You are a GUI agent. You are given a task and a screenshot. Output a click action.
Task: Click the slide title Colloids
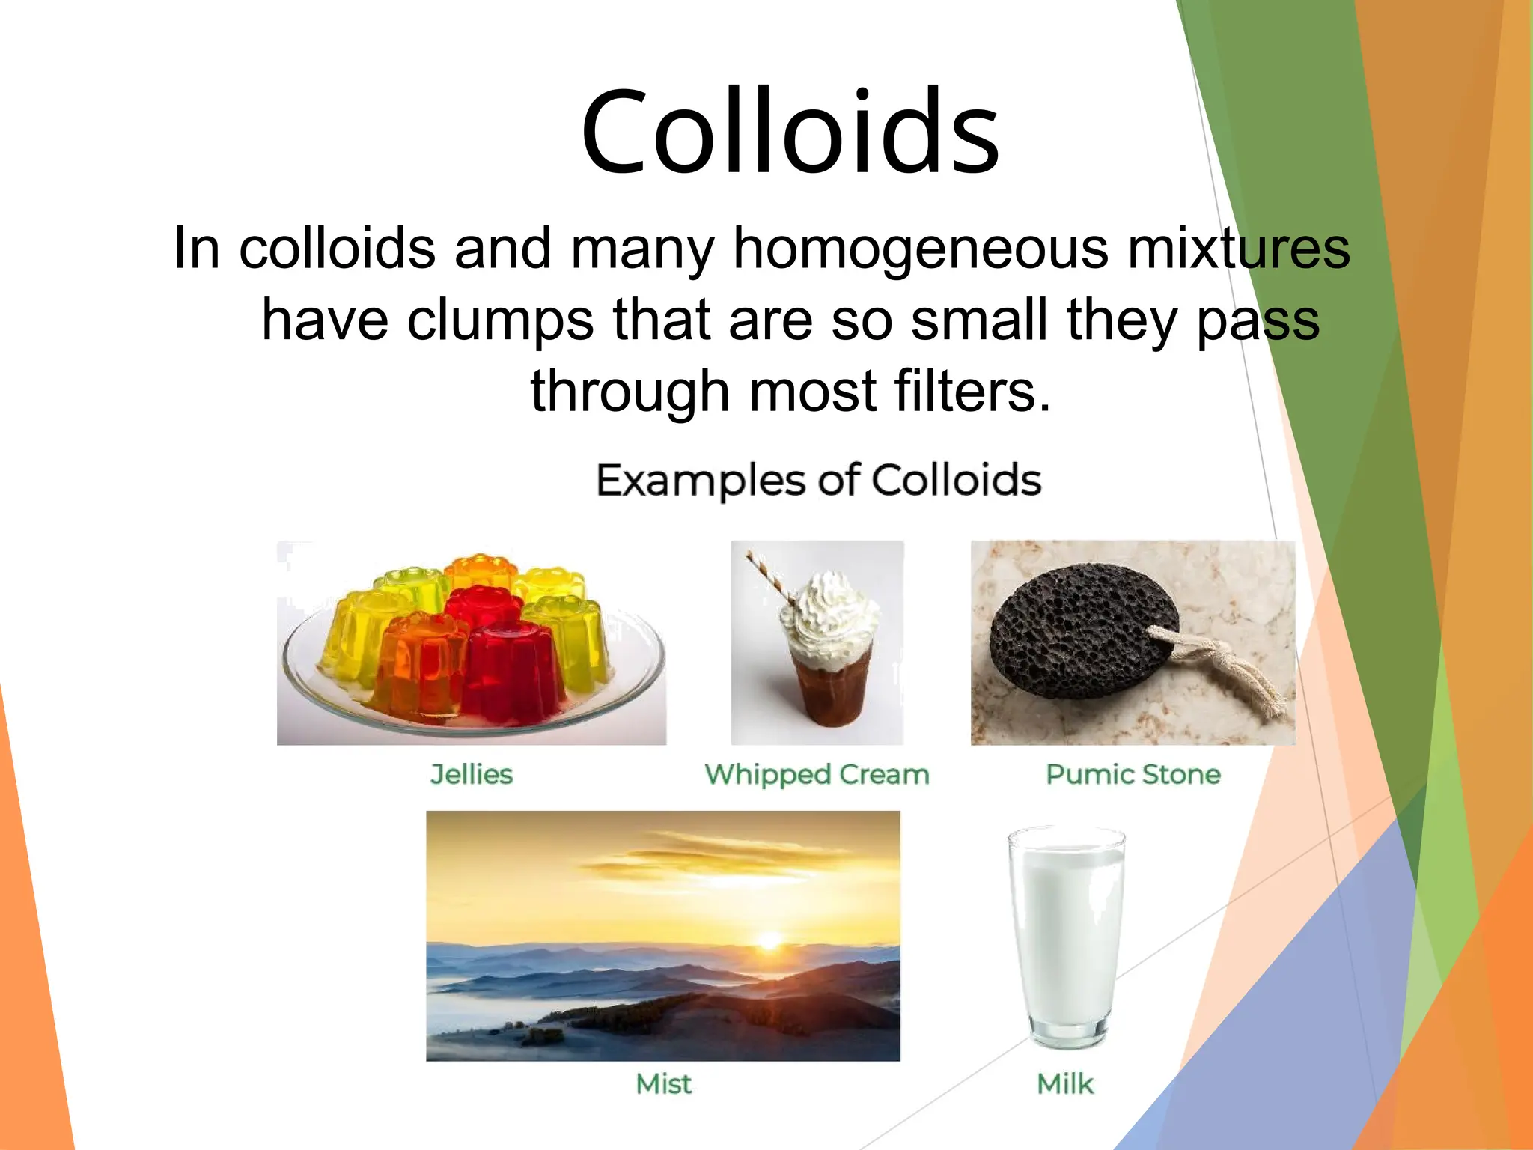coord(790,133)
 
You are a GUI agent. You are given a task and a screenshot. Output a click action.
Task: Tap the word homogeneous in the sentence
coord(920,249)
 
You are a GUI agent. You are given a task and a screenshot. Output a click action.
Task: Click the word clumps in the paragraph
coord(501,320)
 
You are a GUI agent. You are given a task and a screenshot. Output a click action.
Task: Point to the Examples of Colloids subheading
coord(818,480)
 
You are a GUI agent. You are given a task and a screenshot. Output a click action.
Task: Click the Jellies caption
coord(472,774)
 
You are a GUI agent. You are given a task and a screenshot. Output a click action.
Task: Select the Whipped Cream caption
coord(817,774)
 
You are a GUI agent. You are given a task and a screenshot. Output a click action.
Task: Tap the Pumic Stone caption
coord(1133,774)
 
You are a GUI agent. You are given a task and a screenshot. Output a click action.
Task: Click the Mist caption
coord(663,1083)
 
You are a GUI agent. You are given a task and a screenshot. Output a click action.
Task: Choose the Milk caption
coord(1064,1083)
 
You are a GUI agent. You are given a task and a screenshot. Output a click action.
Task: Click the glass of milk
coord(1066,936)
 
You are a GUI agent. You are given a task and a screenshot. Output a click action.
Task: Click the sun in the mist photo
coord(769,940)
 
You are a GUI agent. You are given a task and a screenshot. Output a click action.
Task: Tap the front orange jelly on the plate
coord(418,666)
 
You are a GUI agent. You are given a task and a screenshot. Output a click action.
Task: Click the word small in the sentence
coord(978,320)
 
